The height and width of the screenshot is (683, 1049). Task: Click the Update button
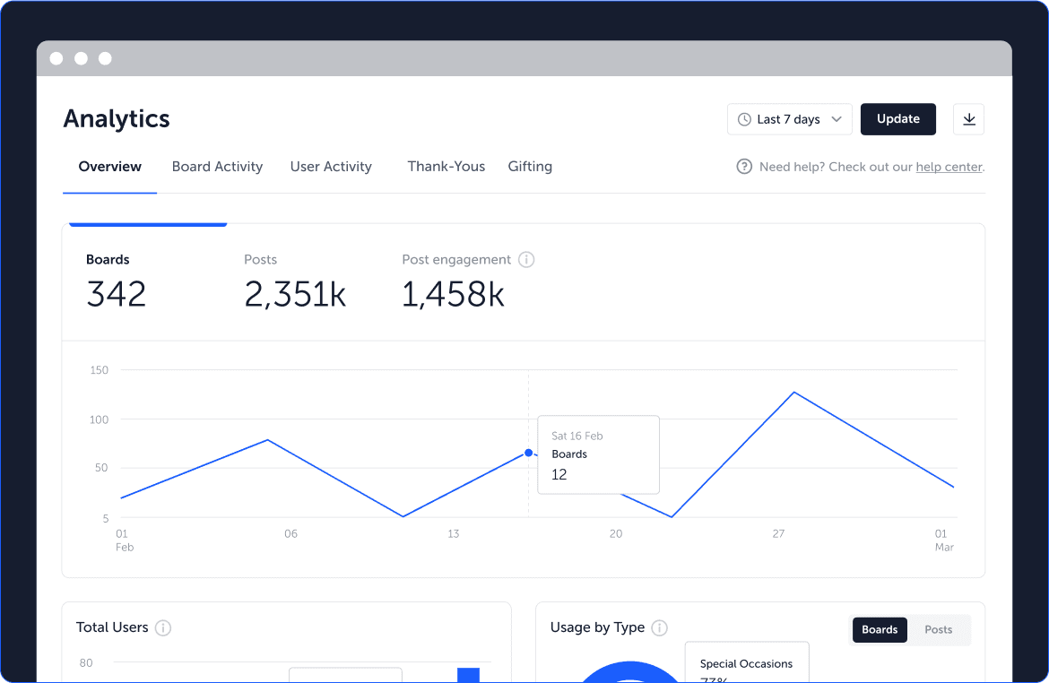point(897,119)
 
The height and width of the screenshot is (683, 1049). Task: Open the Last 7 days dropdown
point(789,119)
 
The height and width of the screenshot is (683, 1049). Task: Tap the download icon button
point(968,119)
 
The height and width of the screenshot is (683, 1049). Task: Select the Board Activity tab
point(218,167)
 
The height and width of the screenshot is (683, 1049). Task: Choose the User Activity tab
point(331,167)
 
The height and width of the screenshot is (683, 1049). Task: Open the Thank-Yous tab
point(446,167)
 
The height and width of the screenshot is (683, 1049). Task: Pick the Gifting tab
point(530,167)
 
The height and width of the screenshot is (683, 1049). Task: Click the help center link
point(949,167)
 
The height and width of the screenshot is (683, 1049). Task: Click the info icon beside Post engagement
point(526,260)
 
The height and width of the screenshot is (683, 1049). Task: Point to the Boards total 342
point(117,294)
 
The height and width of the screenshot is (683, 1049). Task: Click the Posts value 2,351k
point(295,294)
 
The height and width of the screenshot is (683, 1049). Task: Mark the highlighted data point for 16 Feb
point(528,453)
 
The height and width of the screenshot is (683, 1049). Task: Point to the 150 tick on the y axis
point(99,370)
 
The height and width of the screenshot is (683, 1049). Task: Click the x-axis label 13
point(454,534)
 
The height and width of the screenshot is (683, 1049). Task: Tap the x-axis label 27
point(779,534)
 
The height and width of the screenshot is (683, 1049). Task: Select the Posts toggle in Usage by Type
point(938,629)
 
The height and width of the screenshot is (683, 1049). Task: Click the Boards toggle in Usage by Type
point(880,629)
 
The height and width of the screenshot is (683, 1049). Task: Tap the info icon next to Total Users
point(163,627)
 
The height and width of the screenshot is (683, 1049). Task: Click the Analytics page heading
point(117,119)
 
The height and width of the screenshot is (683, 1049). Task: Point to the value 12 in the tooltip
point(559,474)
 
